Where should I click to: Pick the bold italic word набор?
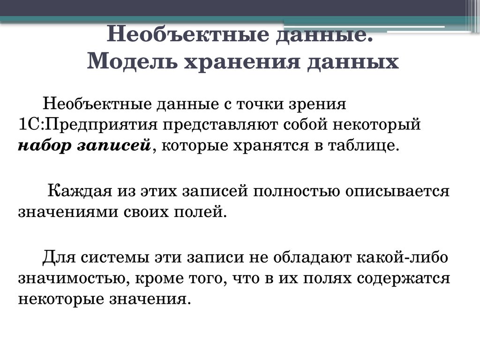(43, 146)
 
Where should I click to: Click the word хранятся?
(263, 146)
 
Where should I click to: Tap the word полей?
(202, 212)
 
